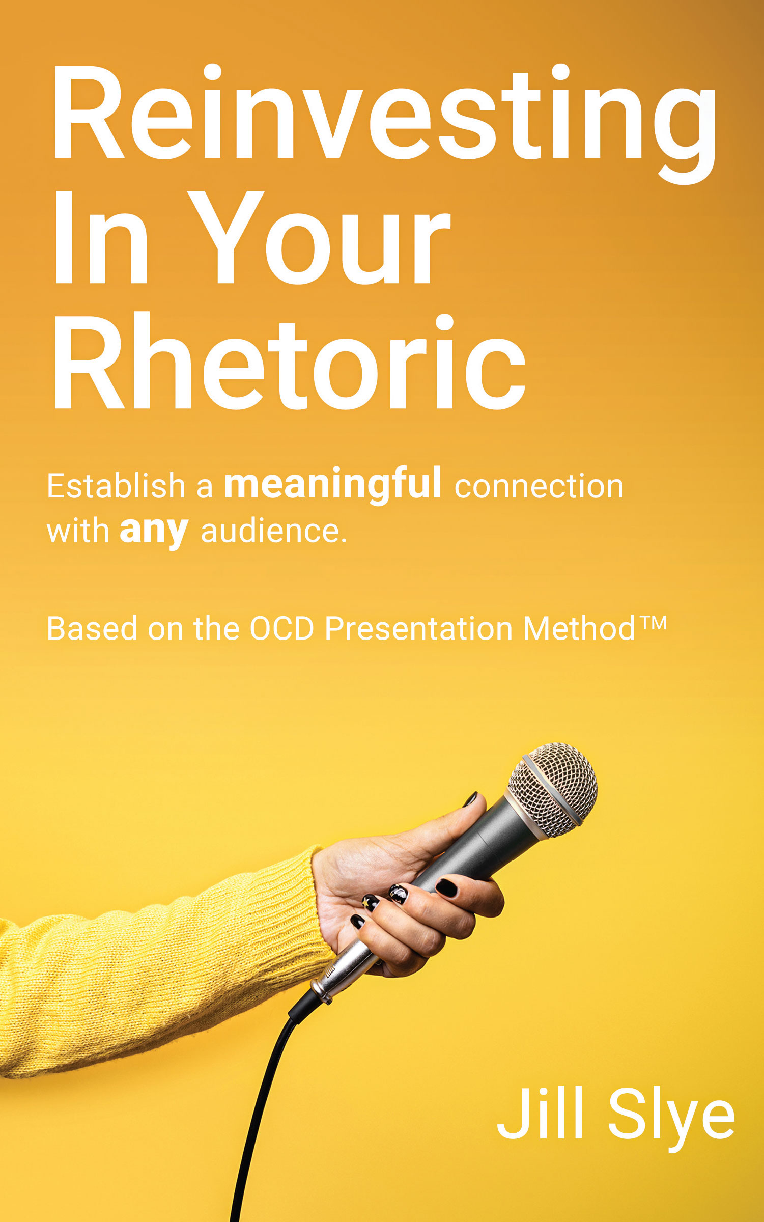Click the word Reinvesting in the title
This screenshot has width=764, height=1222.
(384, 124)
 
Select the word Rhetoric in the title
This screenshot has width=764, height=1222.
(289, 362)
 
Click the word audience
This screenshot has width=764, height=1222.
(274, 532)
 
